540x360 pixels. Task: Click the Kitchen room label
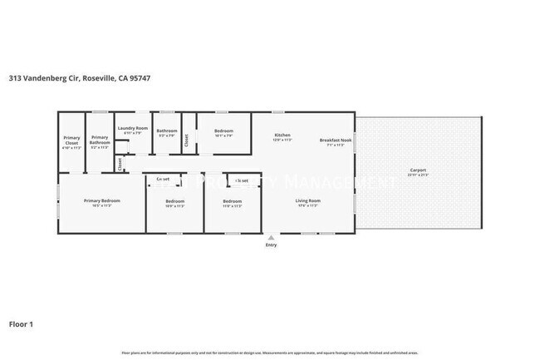pos(282,135)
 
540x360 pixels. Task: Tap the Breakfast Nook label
pos(336,140)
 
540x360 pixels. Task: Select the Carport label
pos(416,170)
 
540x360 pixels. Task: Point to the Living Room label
pos(308,200)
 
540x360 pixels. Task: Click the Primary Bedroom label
pos(102,200)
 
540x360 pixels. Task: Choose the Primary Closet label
pos(71,141)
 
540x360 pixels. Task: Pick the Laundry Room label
pos(133,128)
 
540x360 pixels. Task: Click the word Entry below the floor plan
pos(271,245)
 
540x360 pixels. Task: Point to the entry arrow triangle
pos(271,238)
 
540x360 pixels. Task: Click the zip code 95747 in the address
pos(139,78)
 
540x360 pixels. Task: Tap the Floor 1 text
pos(21,324)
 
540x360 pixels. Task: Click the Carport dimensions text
pos(416,175)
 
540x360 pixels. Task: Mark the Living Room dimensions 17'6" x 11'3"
pos(308,205)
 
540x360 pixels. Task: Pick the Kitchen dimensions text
pos(282,140)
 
